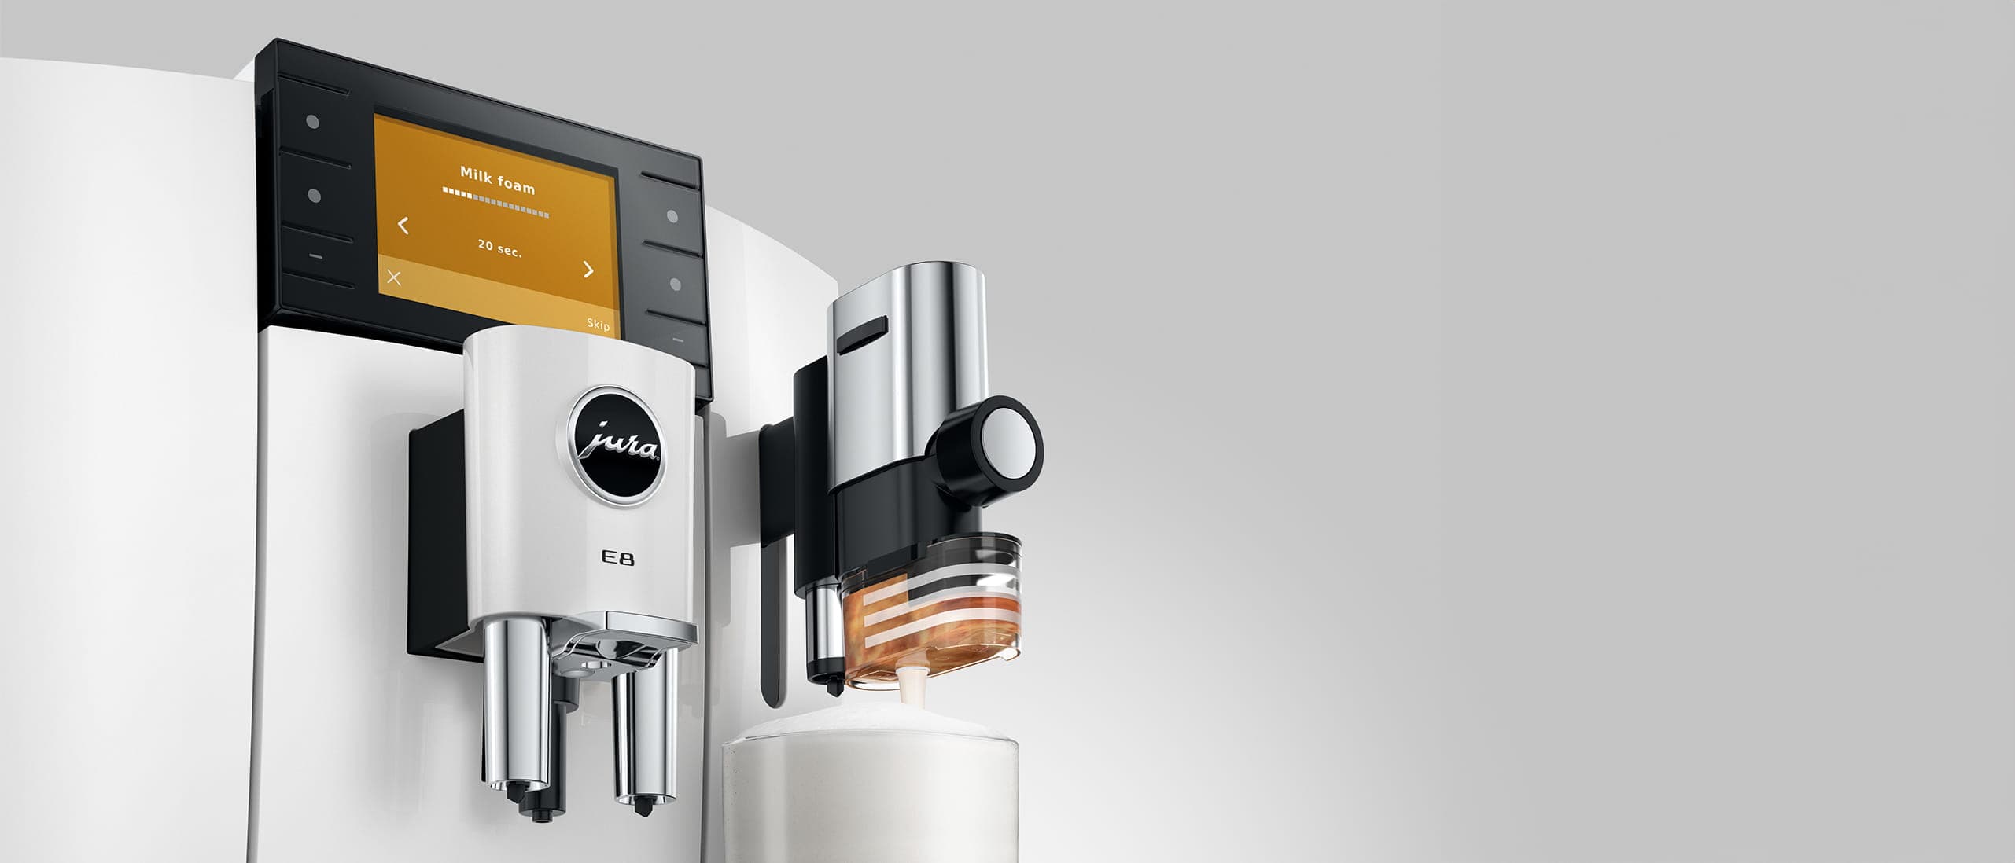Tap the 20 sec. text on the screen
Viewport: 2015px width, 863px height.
(x=499, y=248)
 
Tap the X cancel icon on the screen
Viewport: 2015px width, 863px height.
(x=394, y=277)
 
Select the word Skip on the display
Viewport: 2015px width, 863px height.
(x=598, y=325)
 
